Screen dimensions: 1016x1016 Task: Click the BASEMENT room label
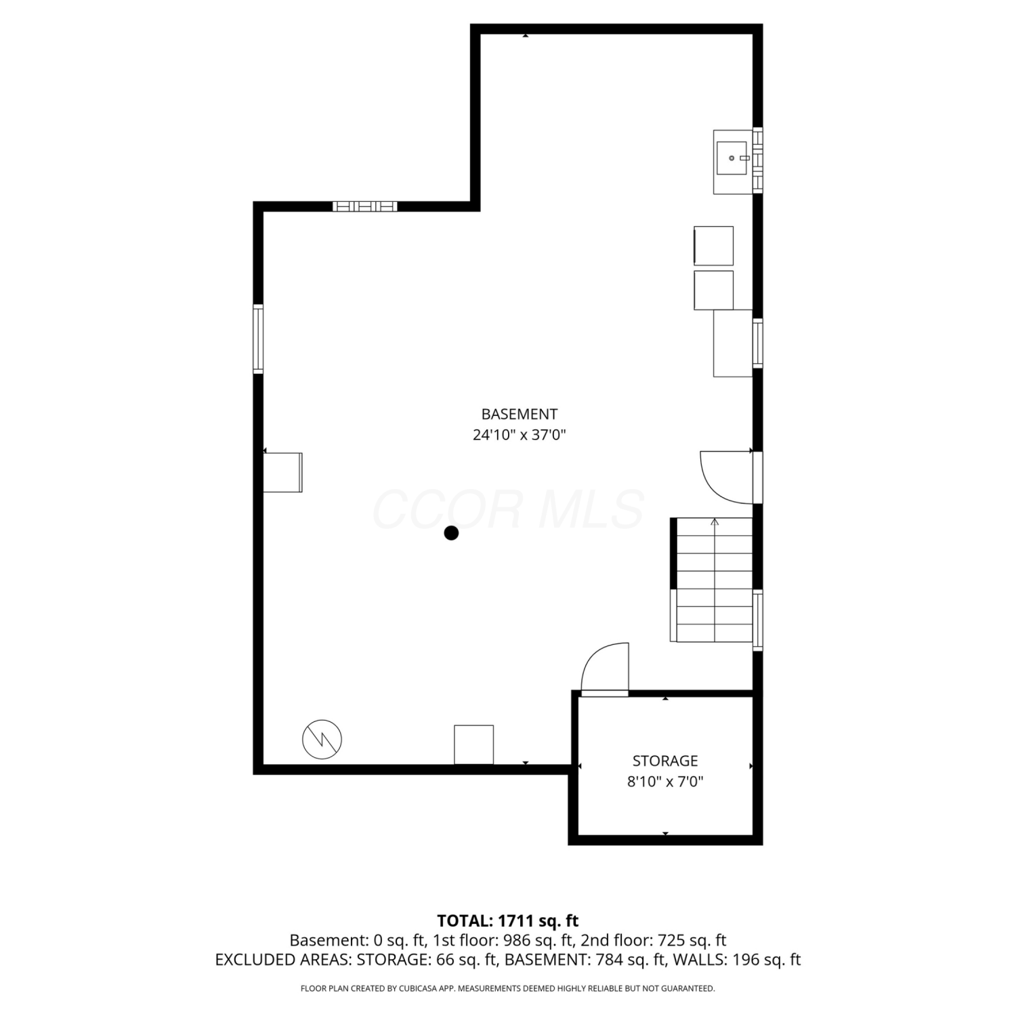pos(520,414)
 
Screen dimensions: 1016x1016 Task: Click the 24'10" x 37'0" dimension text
pos(520,435)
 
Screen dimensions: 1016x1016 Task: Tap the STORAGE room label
pos(665,761)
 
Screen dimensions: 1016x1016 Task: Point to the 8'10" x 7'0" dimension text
pos(665,782)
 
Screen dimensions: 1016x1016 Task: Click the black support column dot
pos(451,533)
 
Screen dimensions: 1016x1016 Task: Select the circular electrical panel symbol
pos(322,739)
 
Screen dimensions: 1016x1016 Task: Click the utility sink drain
pos(732,158)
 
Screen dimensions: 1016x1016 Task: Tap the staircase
pos(713,579)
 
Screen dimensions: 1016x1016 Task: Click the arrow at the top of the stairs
pos(715,522)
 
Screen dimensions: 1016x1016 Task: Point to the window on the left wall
pos(258,339)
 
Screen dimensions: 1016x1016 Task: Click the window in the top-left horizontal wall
pos(364,207)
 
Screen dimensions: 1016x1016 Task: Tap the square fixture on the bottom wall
pos(473,744)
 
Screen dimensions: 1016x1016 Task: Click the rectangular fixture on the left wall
pos(282,472)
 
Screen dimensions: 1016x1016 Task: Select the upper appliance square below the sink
pos(713,246)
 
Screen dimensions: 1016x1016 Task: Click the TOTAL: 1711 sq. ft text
pos(508,920)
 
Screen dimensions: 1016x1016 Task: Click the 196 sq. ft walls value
pos(769,960)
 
